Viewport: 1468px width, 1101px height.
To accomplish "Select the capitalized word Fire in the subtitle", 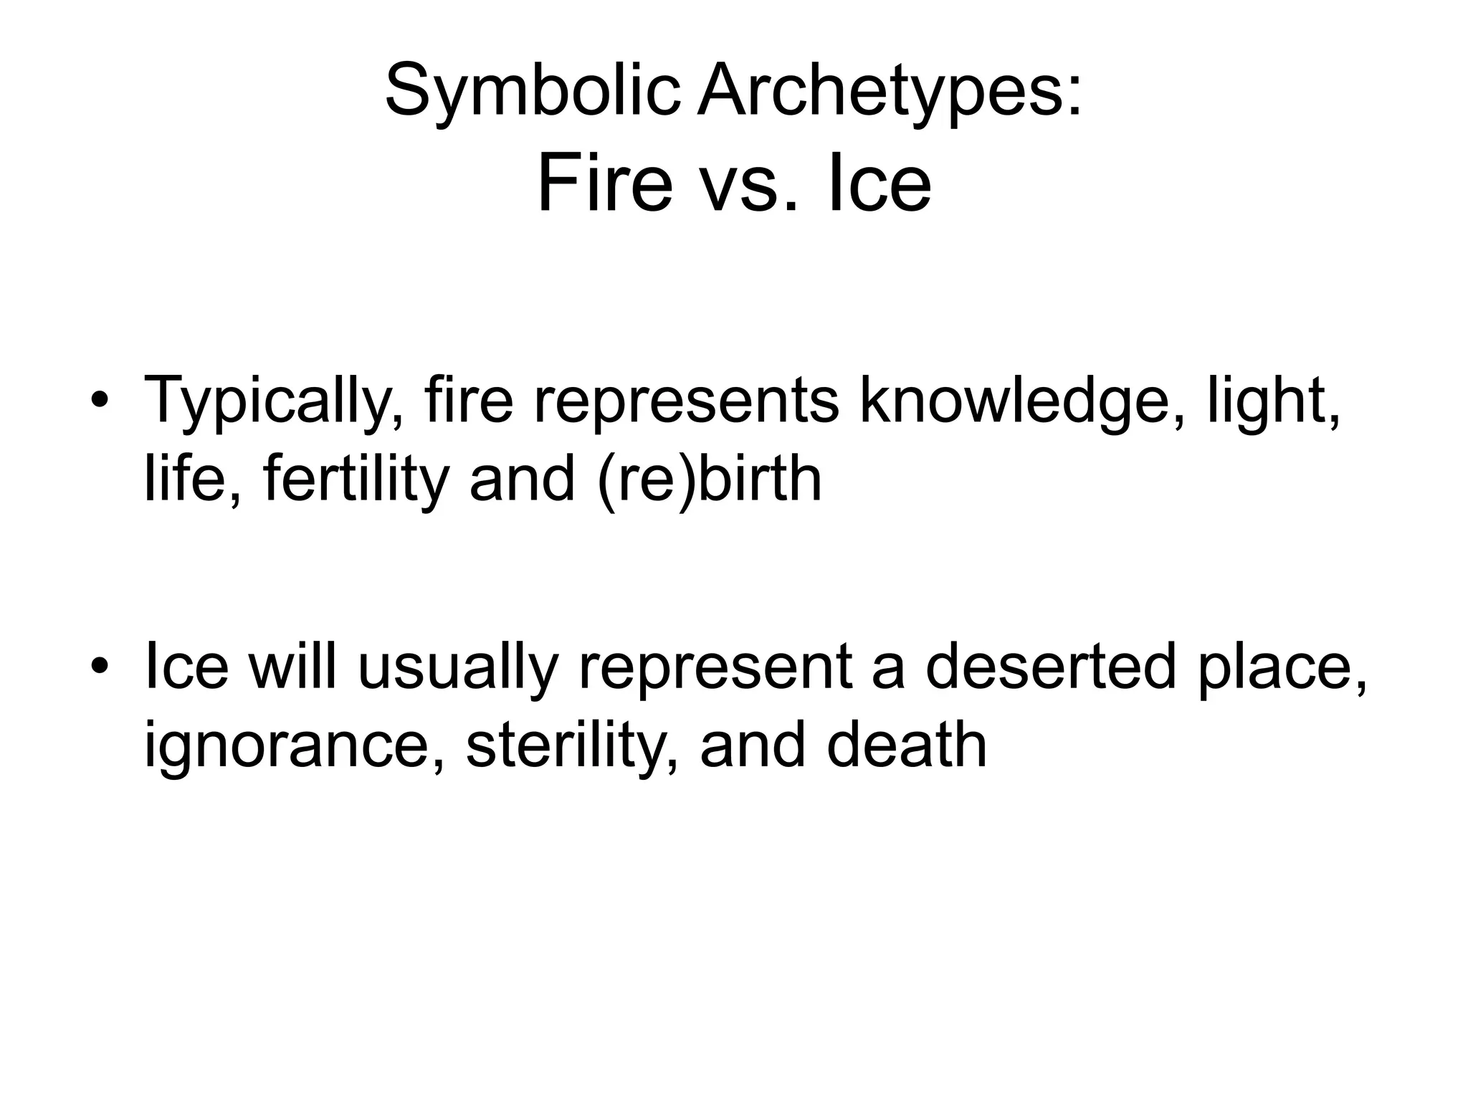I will click(604, 184).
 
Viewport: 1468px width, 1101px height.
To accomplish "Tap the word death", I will click(907, 745).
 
